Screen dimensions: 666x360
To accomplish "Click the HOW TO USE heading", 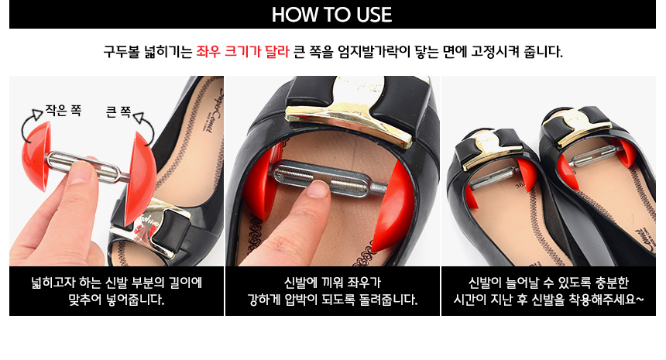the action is (331, 15).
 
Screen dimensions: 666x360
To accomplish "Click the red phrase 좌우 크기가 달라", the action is (242, 52).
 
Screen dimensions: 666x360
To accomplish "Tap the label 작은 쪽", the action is (64, 111).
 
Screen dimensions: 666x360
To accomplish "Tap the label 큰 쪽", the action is (118, 111).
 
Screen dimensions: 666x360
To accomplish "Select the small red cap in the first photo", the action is (36, 156).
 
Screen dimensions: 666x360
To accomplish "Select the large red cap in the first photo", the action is (140, 178).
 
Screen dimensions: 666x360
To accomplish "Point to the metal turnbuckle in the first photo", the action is (85, 167).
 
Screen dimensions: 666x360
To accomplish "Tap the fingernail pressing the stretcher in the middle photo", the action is (318, 190).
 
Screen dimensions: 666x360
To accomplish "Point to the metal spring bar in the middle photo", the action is (327, 179).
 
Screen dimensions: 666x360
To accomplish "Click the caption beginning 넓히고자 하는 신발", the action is (116, 291).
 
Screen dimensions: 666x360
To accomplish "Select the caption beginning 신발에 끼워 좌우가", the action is (332, 291).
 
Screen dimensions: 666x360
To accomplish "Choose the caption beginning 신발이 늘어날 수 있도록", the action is (548, 291).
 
